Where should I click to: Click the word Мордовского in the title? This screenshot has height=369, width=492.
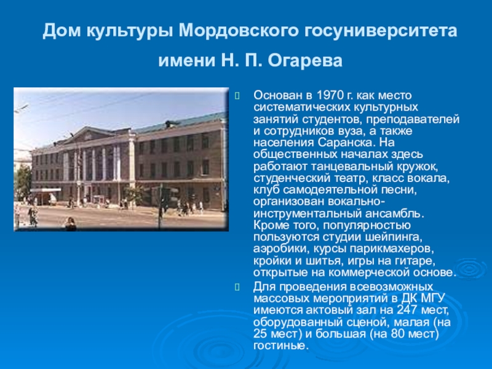tap(232, 30)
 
